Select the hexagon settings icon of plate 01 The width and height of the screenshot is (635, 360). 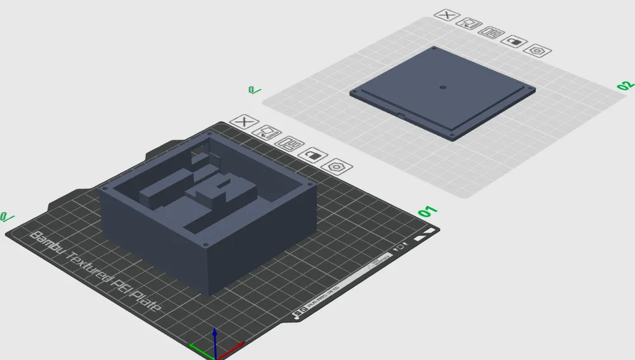coord(337,166)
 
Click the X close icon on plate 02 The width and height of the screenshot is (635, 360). coord(448,15)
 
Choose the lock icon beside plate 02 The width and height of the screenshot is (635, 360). coord(514,41)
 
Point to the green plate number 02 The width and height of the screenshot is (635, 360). coord(625,86)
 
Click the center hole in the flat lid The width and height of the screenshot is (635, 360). coord(443,87)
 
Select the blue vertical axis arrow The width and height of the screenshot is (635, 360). coord(215,337)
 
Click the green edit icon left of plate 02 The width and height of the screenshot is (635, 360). coord(254,91)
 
